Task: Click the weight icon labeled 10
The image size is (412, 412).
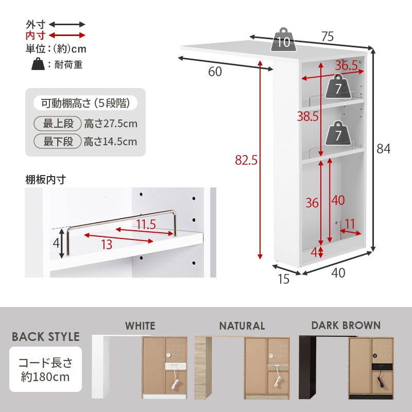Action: click(283, 40)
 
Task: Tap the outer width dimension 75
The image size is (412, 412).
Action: click(328, 37)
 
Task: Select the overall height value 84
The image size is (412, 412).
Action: click(383, 149)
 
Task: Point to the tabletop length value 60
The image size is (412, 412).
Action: click(215, 72)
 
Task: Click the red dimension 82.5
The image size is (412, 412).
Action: click(246, 160)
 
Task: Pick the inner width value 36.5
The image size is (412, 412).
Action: click(346, 65)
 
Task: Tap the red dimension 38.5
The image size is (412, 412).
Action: click(307, 116)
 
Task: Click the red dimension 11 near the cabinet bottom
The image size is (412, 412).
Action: click(350, 224)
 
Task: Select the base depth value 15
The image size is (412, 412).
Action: click(284, 279)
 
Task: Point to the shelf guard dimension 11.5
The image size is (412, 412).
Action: click(146, 225)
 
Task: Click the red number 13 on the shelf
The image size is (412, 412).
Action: click(107, 245)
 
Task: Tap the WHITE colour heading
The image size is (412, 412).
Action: click(140, 326)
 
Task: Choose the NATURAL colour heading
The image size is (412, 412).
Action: click(242, 326)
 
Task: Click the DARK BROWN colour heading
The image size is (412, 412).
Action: click(346, 325)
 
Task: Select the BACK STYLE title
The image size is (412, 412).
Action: click(46, 337)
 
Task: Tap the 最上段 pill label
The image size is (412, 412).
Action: click(58, 124)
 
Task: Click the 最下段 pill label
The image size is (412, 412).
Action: click(58, 141)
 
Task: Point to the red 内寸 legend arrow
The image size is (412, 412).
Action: click(67, 35)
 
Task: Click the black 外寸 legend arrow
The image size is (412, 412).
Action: click(67, 25)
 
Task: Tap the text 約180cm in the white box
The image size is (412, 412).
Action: click(45, 377)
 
